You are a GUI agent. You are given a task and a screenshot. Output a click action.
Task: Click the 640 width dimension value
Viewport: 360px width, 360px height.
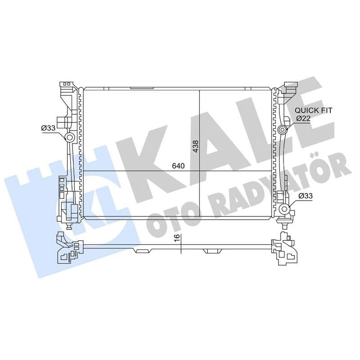178,166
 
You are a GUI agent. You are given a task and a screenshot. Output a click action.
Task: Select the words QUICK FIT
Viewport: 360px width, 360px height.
314,110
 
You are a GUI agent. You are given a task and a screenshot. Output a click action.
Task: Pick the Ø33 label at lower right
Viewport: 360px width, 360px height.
306,195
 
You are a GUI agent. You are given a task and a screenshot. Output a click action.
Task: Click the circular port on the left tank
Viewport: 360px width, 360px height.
70,137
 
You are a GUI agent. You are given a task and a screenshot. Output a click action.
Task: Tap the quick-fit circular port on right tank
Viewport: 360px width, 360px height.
283,130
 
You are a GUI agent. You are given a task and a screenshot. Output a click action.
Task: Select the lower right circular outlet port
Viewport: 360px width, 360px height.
284,209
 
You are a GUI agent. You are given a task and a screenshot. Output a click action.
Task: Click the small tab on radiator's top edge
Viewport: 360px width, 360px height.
142,88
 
